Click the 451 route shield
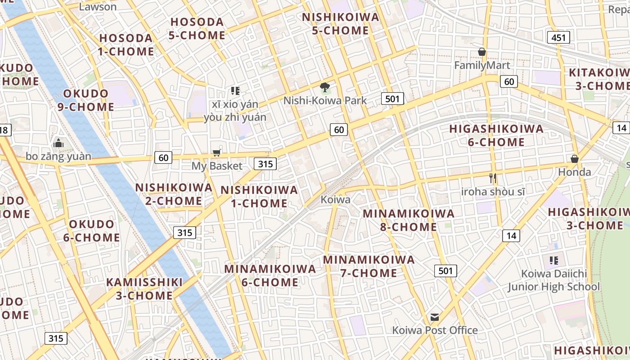[558, 37]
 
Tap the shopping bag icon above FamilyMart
[482, 52]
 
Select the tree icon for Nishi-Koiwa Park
[324, 87]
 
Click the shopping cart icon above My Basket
[217, 152]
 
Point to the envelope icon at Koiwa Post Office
[434, 317]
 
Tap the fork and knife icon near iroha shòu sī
[493, 178]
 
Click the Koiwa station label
[335, 199]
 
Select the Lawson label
[97, 6]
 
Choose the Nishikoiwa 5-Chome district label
[341, 24]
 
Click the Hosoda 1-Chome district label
[126, 45]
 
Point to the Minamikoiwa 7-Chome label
[369, 266]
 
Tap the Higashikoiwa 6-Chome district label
[496, 135]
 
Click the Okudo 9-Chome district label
[85, 100]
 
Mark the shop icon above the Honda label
[574, 159]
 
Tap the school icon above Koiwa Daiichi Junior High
[553, 260]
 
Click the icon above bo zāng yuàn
[58, 143]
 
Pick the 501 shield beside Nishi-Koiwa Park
[392, 99]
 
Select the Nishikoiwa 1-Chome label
[259, 197]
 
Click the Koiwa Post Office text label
[435, 330]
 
